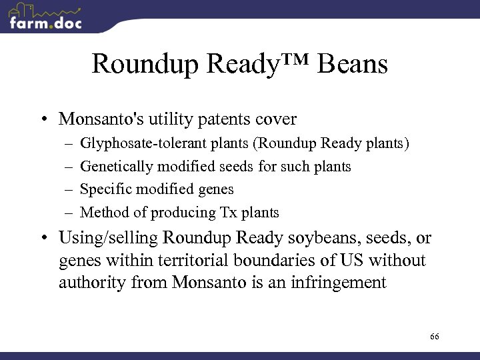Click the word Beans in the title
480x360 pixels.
click(353, 65)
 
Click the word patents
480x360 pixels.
click(218, 119)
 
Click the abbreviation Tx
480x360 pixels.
click(227, 213)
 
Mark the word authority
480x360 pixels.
click(89, 283)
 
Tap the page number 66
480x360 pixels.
click(434, 337)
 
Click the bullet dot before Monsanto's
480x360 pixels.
click(42, 120)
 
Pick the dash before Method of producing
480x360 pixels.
click(68, 213)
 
